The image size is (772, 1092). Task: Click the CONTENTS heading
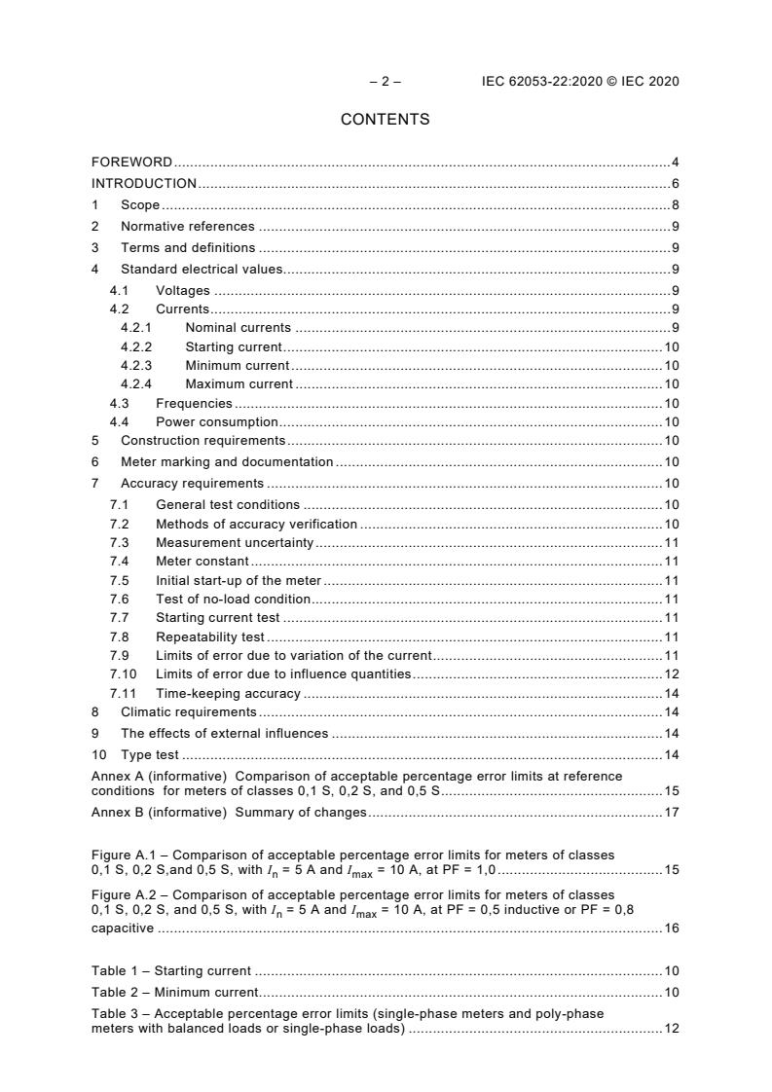tap(385, 120)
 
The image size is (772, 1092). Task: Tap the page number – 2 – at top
tap(385, 82)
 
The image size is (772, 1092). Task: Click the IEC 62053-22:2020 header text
tap(580, 82)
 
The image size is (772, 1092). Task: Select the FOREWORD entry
tap(131, 163)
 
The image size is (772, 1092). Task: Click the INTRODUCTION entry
tap(144, 184)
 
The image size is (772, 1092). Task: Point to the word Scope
tap(140, 205)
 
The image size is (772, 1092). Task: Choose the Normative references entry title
tap(188, 227)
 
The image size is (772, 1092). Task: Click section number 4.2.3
tap(136, 366)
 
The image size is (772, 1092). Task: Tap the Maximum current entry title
tap(239, 384)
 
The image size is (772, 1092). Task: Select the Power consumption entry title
tap(217, 422)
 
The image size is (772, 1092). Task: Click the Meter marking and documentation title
tap(227, 462)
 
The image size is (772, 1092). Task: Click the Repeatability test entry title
tap(210, 637)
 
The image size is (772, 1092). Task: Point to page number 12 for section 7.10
tap(671, 673)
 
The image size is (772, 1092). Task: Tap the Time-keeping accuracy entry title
tap(228, 694)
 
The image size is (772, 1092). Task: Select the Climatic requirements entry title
tap(189, 712)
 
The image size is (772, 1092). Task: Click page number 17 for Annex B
tap(671, 812)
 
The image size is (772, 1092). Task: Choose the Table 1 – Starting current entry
tap(171, 970)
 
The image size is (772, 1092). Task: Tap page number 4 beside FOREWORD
tap(675, 163)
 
